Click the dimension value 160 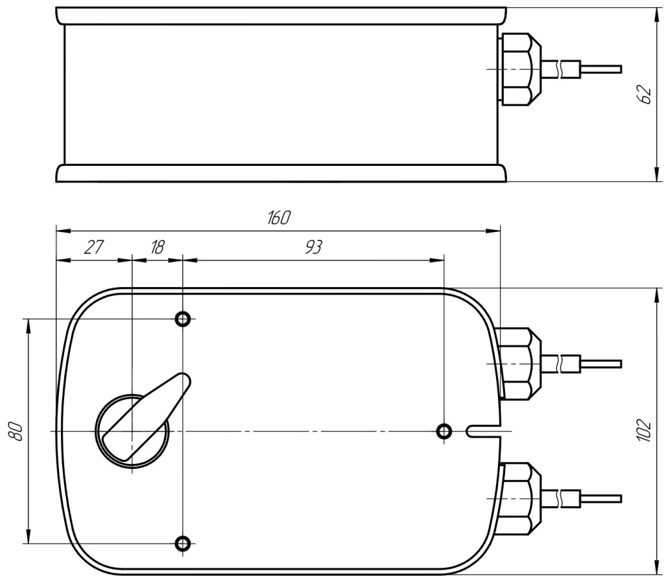coord(279,217)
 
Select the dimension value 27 coord(93,247)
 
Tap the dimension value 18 coord(157,247)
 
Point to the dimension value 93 coord(313,247)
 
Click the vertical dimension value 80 coord(16,432)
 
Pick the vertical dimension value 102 coord(644,431)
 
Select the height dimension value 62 coord(644,95)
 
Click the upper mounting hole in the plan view coord(182,318)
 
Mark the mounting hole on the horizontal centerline coord(444,432)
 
